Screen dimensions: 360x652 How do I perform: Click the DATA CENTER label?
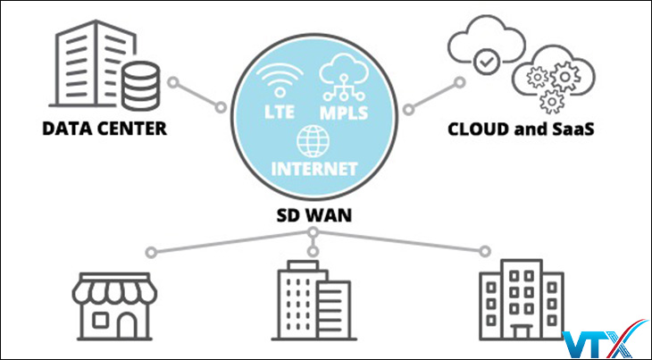(104, 129)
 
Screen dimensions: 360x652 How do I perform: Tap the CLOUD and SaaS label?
(522, 129)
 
